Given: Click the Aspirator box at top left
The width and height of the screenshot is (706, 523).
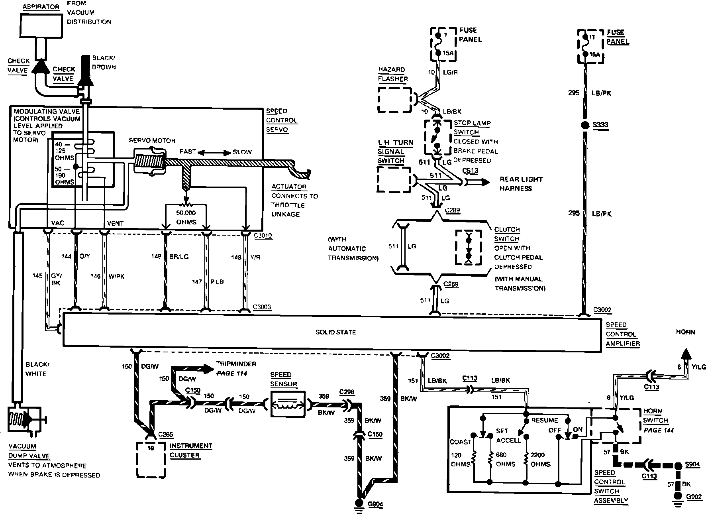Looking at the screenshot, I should pos(43,26).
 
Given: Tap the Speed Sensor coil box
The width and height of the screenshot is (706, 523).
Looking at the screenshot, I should pos(288,403).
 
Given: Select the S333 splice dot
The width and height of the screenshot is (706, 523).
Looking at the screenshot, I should pos(585,125).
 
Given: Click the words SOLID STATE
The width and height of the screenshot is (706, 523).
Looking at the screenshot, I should pos(335,332).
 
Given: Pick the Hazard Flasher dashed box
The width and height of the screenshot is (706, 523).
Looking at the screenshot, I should pos(394,100).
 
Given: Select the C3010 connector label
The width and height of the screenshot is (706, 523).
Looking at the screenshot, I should pos(263,236).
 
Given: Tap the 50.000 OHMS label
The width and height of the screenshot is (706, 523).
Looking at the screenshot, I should pos(186,217).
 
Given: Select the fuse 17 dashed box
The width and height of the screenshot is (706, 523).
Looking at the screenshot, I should pos(590,46).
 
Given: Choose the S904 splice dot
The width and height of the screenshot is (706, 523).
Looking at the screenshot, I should pos(677,465).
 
